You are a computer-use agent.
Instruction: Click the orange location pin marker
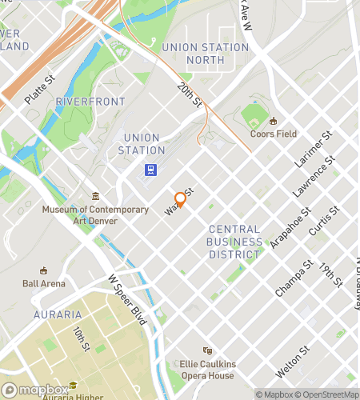coord(180,199)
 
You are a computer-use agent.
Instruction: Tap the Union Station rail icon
coord(150,170)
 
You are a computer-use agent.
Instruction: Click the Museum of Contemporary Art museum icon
coord(95,197)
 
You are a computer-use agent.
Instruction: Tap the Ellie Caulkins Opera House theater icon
coord(207,350)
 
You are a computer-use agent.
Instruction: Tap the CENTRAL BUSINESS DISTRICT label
coord(234,242)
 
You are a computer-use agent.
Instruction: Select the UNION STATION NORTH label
coord(206,53)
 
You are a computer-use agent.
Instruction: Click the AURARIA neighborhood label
coord(58,314)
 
